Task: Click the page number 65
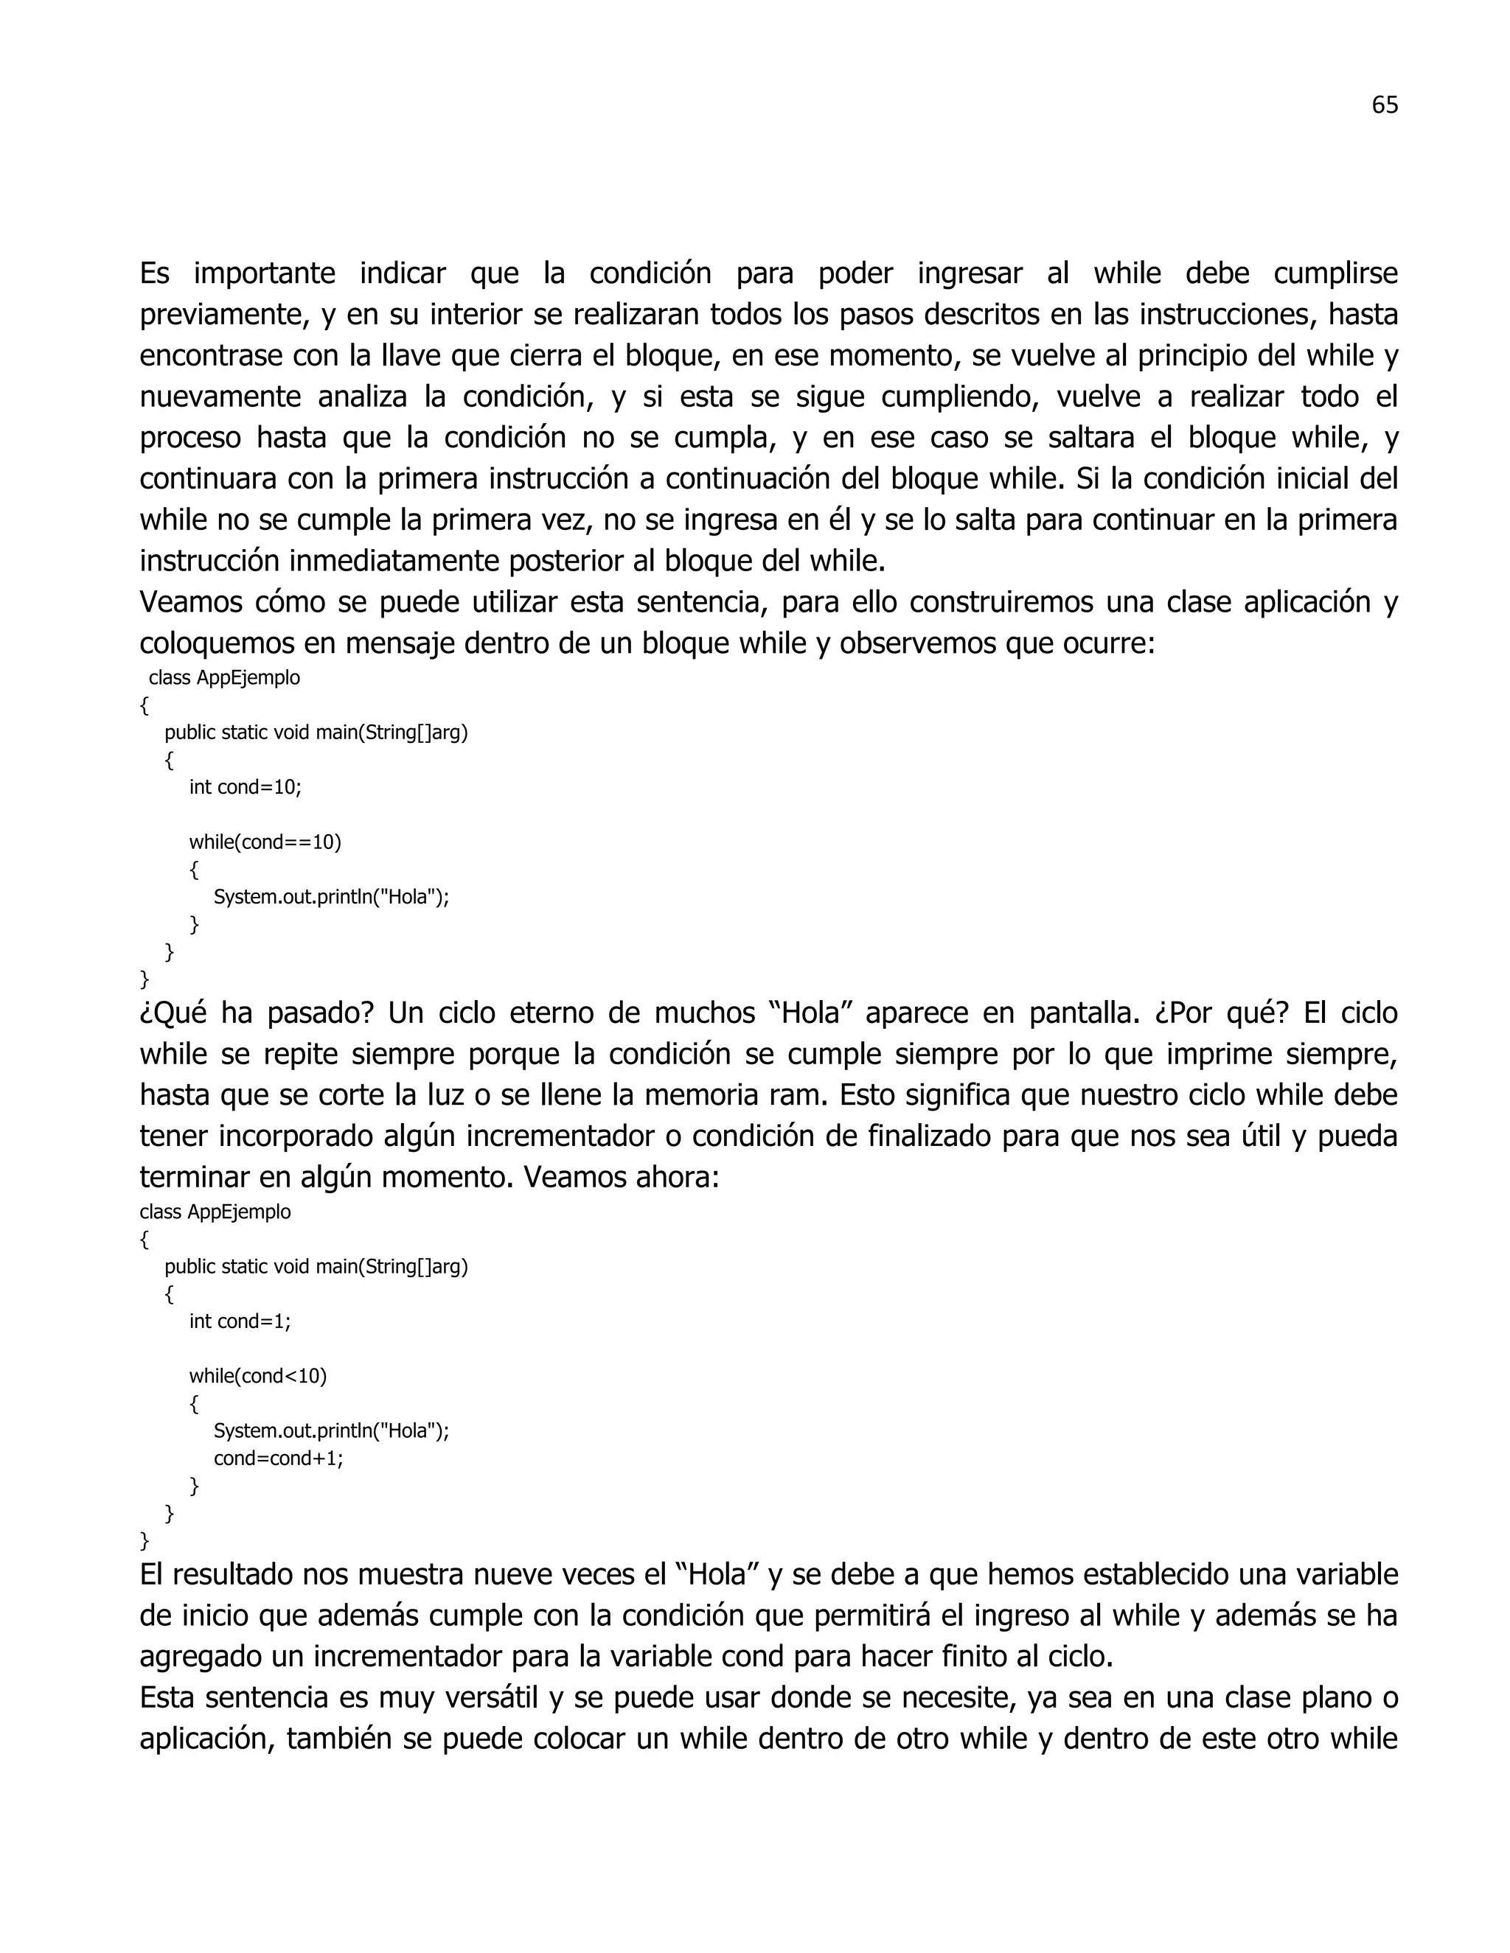click(1384, 105)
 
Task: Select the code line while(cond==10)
click(265, 842)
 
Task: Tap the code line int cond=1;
click(240, 1321)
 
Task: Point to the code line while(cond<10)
click(257, 1375)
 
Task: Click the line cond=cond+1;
click(278, 1458)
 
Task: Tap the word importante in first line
click(264, 273)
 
